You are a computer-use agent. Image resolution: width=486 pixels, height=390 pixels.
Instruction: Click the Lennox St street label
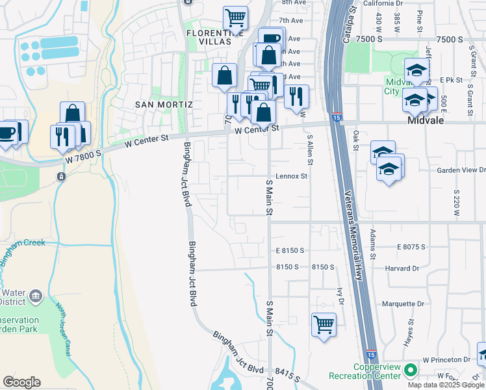click(x=291, y=175)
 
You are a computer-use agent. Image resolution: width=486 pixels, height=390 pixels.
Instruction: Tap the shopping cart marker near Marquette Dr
click(x=324, y=324)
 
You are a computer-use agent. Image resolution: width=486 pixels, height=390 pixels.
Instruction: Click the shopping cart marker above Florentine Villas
click(x=236, y=18)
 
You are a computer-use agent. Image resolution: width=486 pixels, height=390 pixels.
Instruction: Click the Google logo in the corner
click(x=22, y=382)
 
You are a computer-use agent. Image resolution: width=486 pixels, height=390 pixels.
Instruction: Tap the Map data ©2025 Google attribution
click(x=446, y=385)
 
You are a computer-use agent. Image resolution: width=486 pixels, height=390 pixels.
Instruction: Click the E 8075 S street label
click(x=411, y=247)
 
